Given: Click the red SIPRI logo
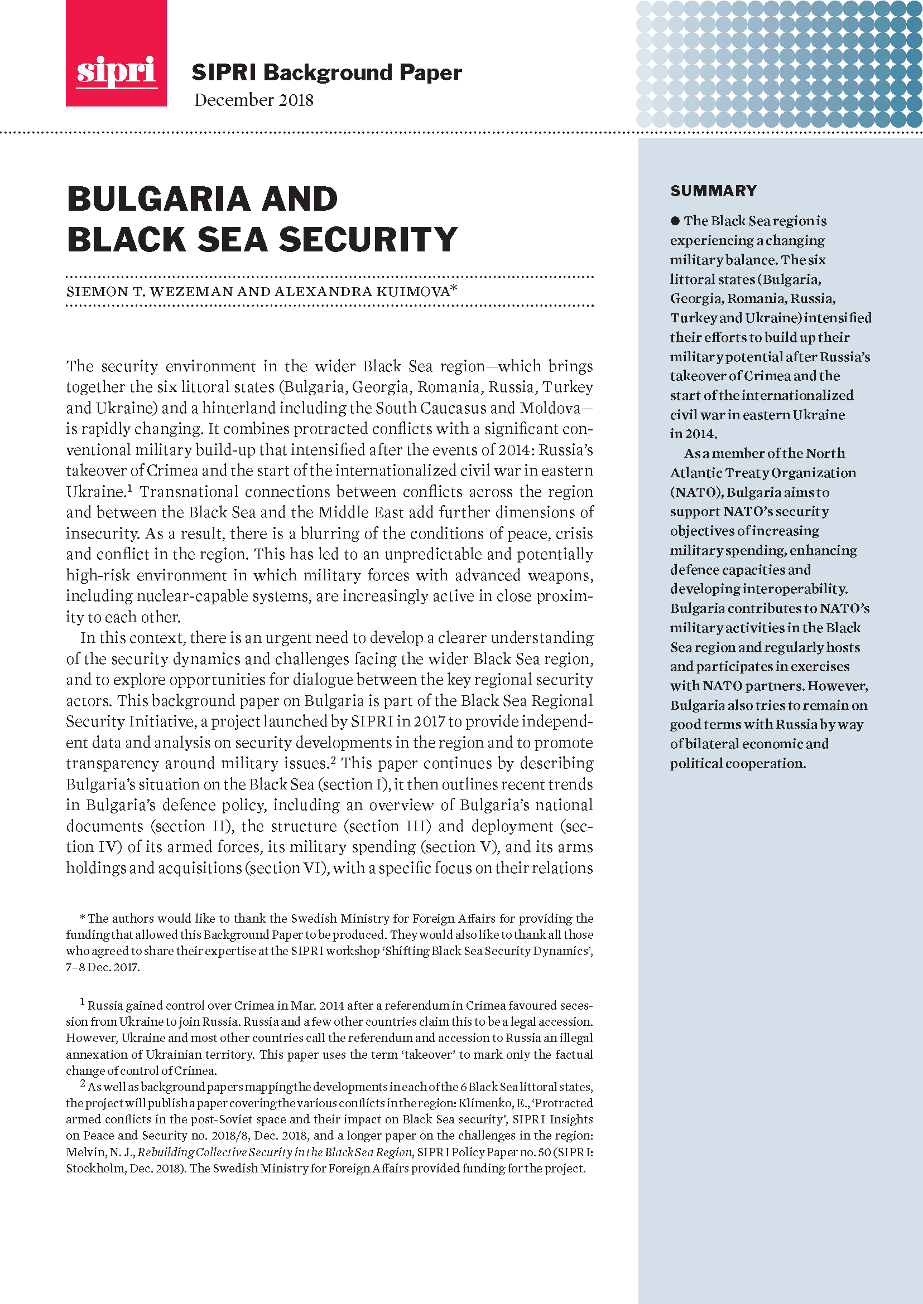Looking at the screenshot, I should pos(116,54).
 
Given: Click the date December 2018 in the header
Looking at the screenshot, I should pos(253,100).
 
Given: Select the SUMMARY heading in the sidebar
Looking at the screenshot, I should pos(713,191).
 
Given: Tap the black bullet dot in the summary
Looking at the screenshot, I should pos(675,220).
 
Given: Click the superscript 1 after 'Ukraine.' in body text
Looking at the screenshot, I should pos(129,488).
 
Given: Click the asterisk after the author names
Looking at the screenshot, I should pos(454,289).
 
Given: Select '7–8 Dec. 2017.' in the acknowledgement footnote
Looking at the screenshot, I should pos(102,967).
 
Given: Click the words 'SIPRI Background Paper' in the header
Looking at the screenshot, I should pos(326,72).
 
